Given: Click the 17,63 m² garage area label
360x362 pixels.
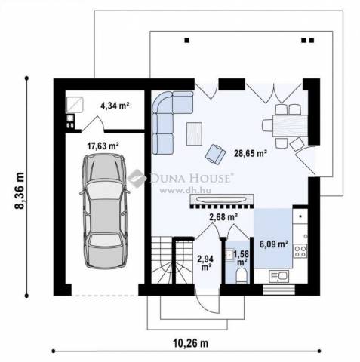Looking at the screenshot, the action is tap(103, 146).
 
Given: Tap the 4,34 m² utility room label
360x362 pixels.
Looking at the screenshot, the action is tap(115, 106).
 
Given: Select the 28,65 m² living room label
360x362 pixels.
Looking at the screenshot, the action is tap(251, 153).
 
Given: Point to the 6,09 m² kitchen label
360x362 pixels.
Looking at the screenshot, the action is tap(274, 244).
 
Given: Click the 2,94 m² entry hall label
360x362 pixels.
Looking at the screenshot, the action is tap(206, 262).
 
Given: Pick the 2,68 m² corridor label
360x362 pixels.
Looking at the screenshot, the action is tap(223, 217).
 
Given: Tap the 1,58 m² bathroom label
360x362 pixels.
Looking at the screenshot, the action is tap(242, 258).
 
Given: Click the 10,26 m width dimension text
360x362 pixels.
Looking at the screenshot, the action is tap(191, 343).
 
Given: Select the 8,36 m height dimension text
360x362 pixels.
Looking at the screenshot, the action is tap(20, 190).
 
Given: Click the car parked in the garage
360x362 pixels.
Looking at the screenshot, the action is tap(105, 210).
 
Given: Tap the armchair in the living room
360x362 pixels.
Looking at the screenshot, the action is tap(215, 154).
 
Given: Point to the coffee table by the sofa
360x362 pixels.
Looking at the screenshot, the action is tap(194, 133).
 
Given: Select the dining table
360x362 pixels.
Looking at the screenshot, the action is tap(290, 125).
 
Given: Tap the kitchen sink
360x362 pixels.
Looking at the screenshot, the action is tap(278, 276).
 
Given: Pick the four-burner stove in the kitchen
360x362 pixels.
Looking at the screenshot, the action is tap(300, 251).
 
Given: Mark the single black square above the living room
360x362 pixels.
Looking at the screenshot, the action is tap(187, 40).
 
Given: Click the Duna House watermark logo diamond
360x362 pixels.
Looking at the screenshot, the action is tap(137, 178).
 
